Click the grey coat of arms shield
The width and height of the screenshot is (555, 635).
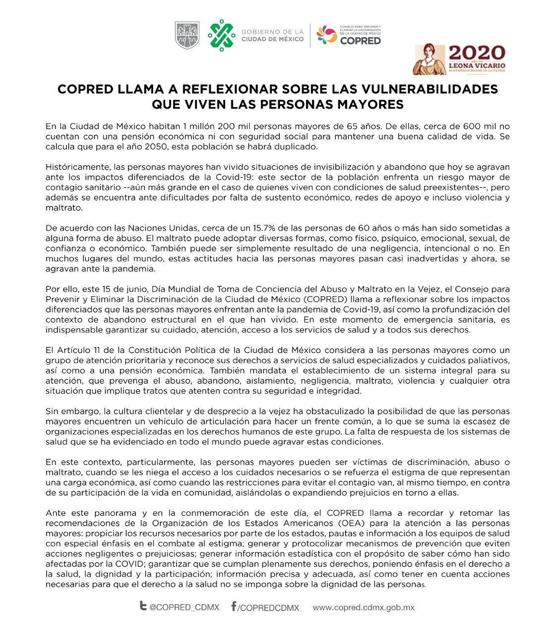187,35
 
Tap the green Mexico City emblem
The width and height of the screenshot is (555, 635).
221,35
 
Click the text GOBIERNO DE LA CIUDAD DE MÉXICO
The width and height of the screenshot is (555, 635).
272,35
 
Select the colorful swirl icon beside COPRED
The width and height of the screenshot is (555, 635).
327,35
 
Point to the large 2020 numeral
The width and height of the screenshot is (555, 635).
477,53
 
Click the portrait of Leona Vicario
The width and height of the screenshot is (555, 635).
430,59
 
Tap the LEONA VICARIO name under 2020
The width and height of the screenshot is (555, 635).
477,65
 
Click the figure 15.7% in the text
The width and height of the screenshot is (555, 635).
266,228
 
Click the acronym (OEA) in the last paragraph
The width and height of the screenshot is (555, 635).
350,523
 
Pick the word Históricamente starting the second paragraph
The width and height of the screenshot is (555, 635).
78,167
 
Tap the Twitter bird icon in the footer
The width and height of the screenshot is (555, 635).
143,606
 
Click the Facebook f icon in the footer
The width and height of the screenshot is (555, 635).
234,606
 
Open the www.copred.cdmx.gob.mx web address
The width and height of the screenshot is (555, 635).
364,607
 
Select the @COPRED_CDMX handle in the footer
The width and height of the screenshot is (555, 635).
184,607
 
